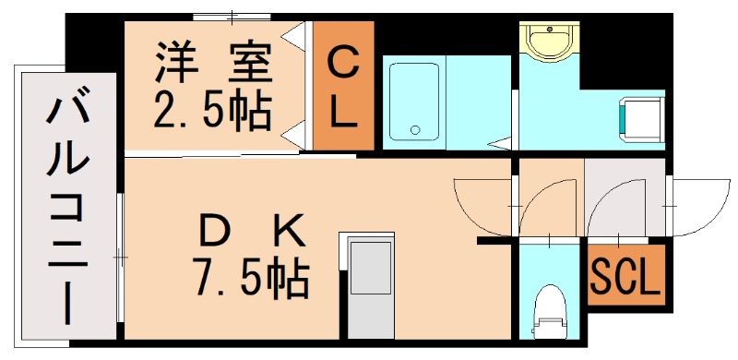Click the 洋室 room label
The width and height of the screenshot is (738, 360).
(213, 65)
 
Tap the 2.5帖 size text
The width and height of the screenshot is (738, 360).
(213, 113)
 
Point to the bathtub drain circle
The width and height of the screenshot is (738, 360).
(416, 129)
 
